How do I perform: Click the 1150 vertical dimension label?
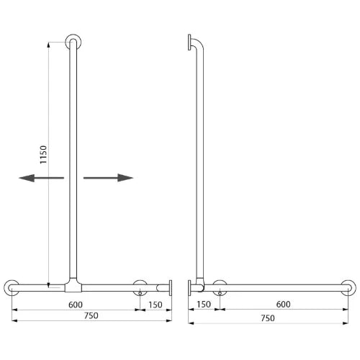click(43, 155)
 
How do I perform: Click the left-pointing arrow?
click(41, 178)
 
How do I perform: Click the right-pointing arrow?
click(108, 178)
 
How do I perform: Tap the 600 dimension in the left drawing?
click(76, 305)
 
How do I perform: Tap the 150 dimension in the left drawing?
click(156, 305)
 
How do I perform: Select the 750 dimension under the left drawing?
click(91, 315)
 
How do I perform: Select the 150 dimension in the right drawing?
click(204, 304)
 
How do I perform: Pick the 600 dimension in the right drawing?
click(284, 304)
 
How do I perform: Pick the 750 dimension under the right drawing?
click(268, 318)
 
